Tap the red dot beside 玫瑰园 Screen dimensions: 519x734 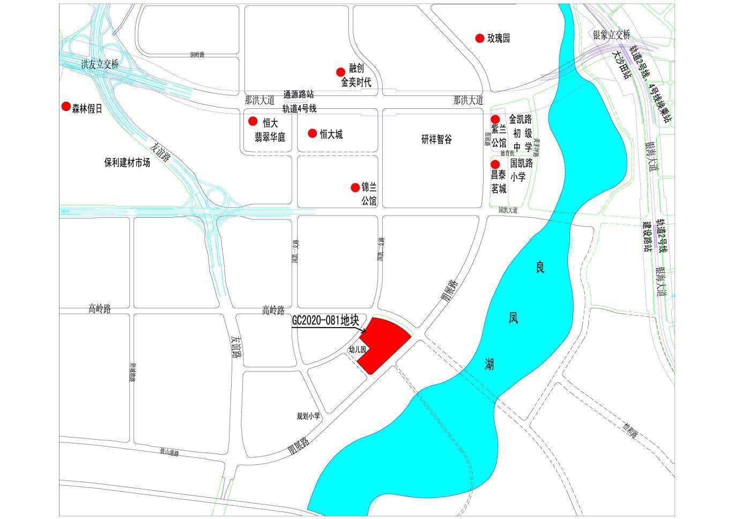click(x=479, y=38)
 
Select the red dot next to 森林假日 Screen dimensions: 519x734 click(x=66, y=107)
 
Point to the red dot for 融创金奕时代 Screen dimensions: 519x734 click(x=340, y=72)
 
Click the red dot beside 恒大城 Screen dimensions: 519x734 click(x=312, y=132)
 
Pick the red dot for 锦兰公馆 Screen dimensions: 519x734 click(x=355, y=187)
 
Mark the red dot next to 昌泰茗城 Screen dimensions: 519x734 click(x=495, y=164)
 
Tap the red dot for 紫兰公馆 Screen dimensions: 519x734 click(x=495, y=119)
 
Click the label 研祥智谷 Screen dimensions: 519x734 click(x=436, y=140)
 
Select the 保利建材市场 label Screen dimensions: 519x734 click(x=127, y=162)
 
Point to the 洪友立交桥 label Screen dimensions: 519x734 click(x=99, y=64)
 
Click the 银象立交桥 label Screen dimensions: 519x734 click(x=612, y=35)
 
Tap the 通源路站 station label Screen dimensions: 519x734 click(x=299, y=94)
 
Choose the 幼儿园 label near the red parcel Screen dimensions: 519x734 click(x=357, y=350)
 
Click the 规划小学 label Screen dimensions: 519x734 click(x=308, y=416)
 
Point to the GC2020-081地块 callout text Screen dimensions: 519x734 click(x=325, y=320)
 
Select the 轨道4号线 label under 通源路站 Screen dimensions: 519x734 click(x=299, y=108)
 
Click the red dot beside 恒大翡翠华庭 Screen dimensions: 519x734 click(x=253, y=121)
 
